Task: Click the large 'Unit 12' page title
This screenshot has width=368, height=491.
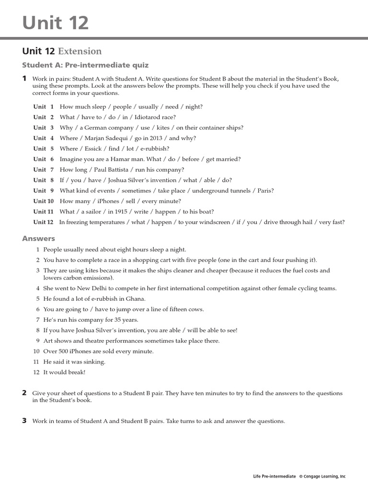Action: [x=56, y=22]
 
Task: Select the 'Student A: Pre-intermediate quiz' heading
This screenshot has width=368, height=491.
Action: [x=86, y=65]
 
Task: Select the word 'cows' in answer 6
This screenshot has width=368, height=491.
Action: [x=195, y=309]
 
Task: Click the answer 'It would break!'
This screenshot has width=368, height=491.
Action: [x=64, y=373]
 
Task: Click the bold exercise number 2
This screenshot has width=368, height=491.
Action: [x=24, y=393]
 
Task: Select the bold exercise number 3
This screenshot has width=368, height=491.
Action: [x=24, y=421]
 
